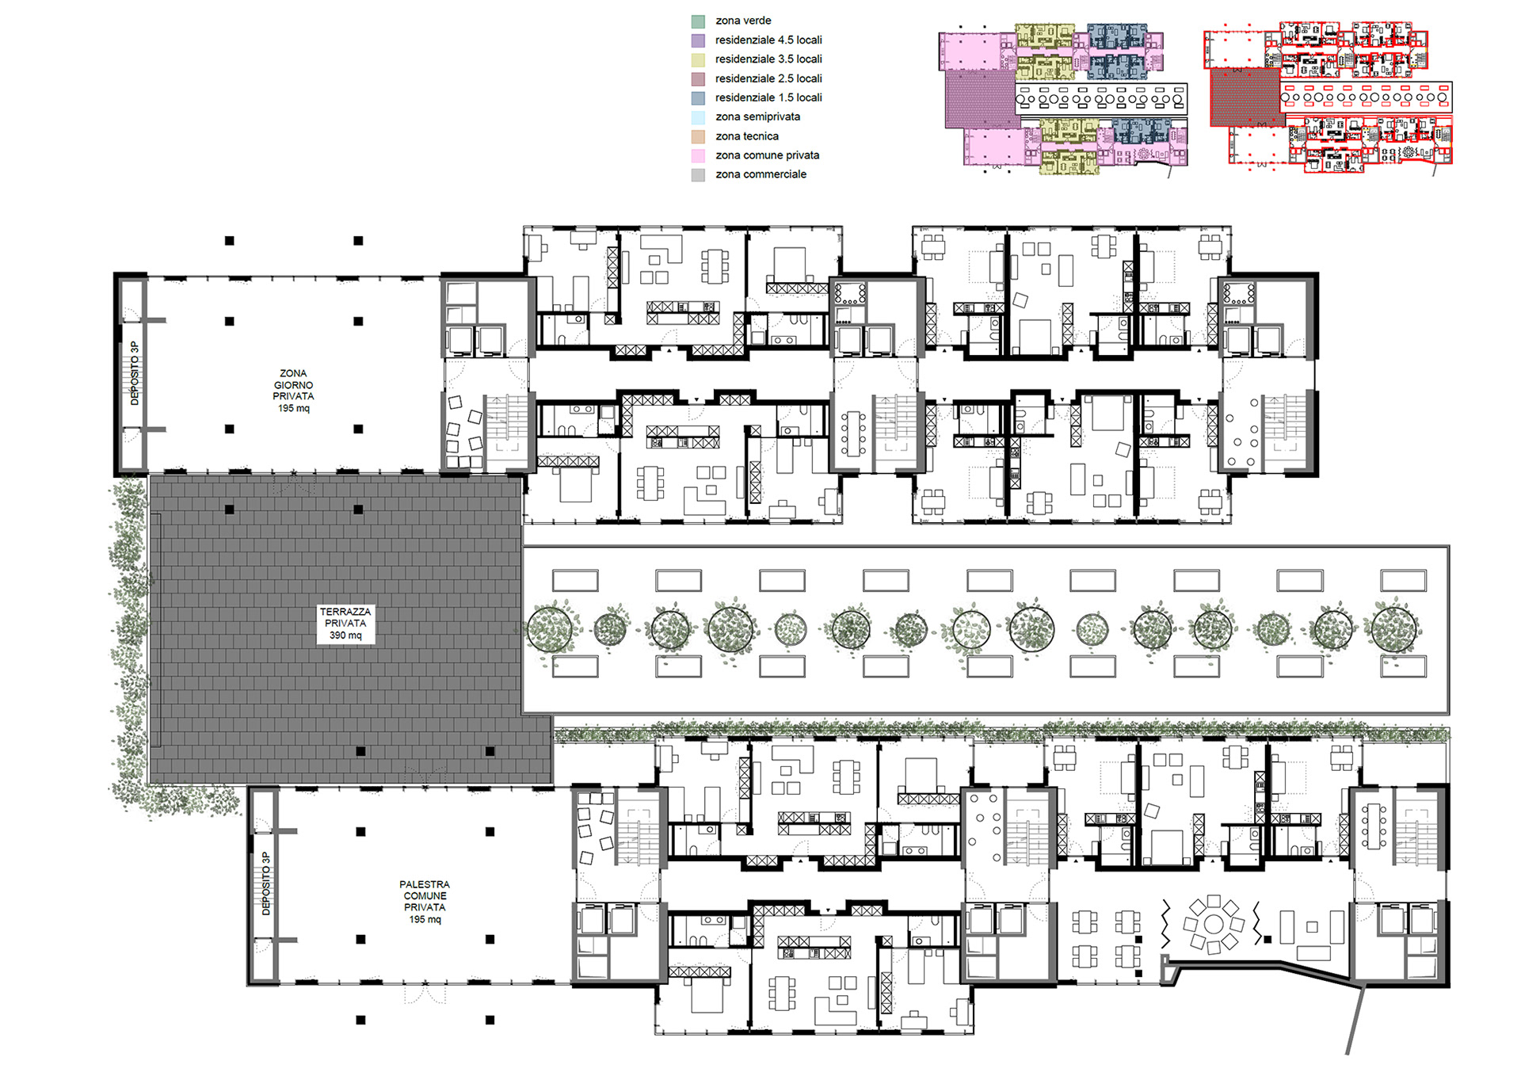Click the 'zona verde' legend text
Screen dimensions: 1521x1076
click(742, 21)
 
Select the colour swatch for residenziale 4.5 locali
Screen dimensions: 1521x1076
click(698, 40)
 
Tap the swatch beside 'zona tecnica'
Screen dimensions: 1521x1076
click(698, 136)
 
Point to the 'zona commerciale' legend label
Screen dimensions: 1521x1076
click(760, 174)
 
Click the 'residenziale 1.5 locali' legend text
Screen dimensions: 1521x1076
click(768, 97)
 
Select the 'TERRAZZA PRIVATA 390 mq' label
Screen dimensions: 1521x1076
click(345, 624)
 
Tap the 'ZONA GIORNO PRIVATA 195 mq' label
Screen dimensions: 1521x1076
click(293, 391)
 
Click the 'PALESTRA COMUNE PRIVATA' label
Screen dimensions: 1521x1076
click(425, 895)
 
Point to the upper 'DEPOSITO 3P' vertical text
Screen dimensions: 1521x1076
click(135, 373)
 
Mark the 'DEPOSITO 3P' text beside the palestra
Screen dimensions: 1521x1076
click(266, 883)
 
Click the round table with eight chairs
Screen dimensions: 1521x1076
click(1213, 924)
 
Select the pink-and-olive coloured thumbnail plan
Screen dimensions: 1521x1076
click(1063, 98)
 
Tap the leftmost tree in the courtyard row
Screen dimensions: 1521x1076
click(550, 628)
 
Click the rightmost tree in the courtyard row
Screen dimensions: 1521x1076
click(1395, 628)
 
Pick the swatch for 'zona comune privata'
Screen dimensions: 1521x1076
click(698, 156)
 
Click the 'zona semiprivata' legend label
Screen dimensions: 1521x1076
click(757, 116)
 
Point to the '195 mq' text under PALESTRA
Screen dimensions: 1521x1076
click(425, 919)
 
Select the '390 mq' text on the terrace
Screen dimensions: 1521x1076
click(345, 635)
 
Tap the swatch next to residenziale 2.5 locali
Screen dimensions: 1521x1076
click(698, 79)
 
